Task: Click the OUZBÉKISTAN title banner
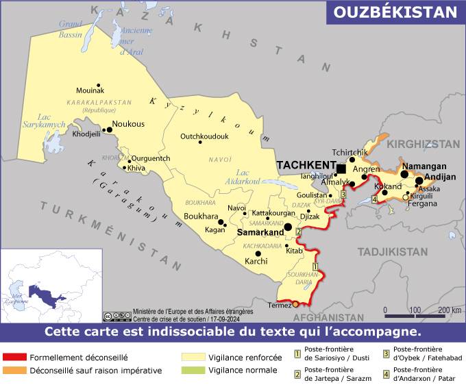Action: (x=395, y=12)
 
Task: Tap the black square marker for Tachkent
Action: (x=341, y=169)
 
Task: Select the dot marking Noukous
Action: (x=108, y=129)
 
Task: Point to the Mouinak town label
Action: (x=90, y=90)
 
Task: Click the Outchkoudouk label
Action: (x=204, y=136)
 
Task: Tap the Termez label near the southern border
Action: (x=280, y=305)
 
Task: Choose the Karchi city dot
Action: (x=258, y=253)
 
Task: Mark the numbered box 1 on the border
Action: (x=315, y=266)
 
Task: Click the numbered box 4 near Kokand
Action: (x=374, y=200)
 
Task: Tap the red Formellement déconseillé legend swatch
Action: (x=14, y=357)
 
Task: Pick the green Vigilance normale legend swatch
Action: (x=193, y=371)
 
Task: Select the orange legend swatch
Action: (x=14, y=371)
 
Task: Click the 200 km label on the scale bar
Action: (x=449, y=310)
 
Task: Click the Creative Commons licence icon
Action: (x=116, y=316)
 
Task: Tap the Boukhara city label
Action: (x=200, y=216)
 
